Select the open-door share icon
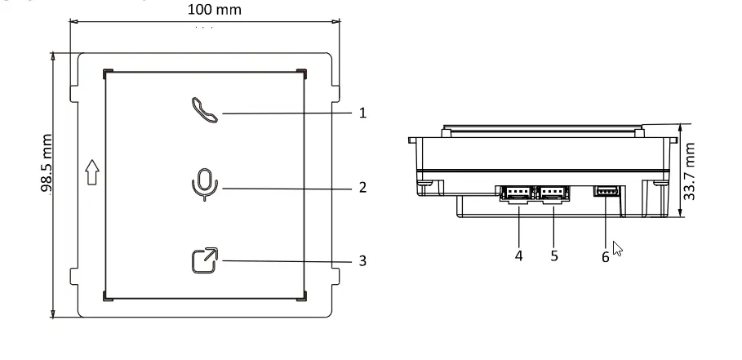(x=204, y=260)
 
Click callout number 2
(x=362, y=187)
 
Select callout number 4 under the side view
(x=518, y=254)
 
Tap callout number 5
(x=553, y=254)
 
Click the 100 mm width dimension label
(x=203, y=10)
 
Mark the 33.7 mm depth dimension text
(x=691, y=171)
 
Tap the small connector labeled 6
(x=605, y=193)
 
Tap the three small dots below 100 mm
(x=204, y=29)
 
